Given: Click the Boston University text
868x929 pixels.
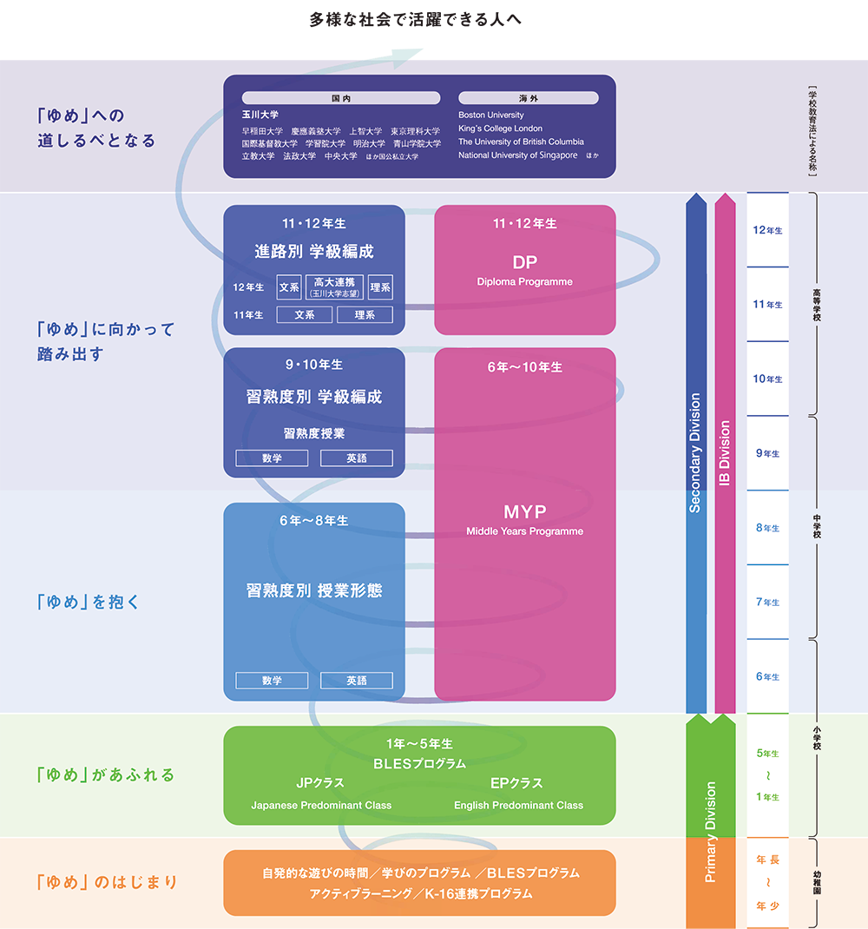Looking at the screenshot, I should (x=491, y=115).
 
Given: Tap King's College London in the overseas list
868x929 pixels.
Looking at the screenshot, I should (x=500, y=128).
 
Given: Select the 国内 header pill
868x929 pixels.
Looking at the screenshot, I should (x=341, y=98).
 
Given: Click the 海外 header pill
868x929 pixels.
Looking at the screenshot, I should (x=528, y=98).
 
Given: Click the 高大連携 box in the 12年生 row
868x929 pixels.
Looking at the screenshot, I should (x=334, y=287).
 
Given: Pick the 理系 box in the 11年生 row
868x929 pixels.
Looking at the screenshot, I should (x=365, y=314).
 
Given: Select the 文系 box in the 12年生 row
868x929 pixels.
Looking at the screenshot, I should (x=289, y=287).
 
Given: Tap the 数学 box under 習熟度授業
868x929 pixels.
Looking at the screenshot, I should (x=272, y=458).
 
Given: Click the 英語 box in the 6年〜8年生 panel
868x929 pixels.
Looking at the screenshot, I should (x=356, y=681).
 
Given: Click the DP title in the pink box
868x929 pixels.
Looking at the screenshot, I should (x=525, y=262).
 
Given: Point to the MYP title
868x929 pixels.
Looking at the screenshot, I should (x=525, y=511).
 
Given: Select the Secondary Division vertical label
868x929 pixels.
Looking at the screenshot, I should (x=695, y=452).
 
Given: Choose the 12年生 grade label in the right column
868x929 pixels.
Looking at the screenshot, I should (x=767, y=230).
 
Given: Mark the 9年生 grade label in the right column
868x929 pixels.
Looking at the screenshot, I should (x=767, y=453).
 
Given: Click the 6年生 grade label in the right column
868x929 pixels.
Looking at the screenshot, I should (x=767, y=676).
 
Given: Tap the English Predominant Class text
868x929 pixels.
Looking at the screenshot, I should (x=518, y=805).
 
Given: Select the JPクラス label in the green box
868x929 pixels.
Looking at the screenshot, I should (x=320, y=782).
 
